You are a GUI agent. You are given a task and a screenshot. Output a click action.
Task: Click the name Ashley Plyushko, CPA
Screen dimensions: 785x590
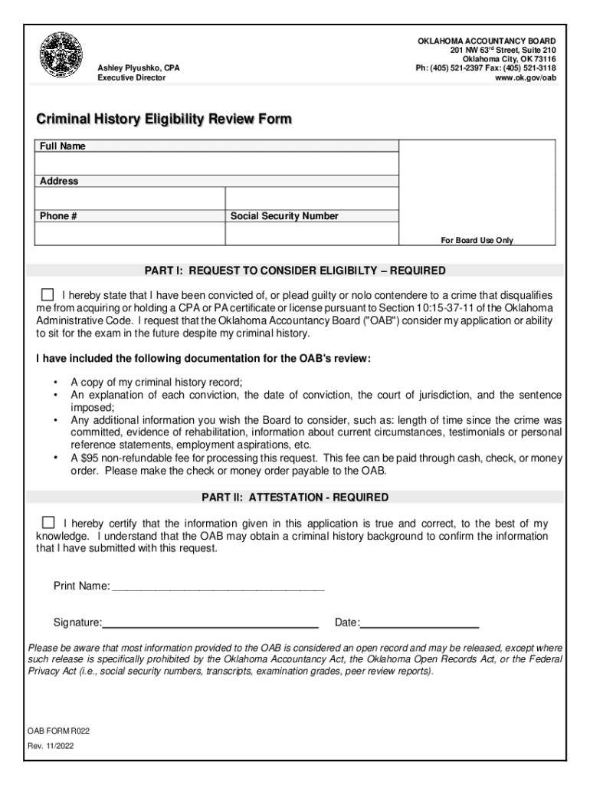coord(139,68)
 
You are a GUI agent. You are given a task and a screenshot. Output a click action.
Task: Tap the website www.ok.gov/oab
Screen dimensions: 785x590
coord(525,78)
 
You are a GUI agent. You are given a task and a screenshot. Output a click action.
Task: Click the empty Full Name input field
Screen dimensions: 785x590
coord(217,163)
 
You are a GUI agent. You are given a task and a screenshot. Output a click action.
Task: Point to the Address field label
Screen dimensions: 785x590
coord(59,181)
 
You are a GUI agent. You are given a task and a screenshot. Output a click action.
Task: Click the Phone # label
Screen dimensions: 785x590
coord(57,216)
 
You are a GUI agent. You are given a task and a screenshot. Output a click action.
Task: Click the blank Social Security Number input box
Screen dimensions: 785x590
coord(312,233)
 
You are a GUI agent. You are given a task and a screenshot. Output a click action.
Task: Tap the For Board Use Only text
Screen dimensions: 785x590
coord(477,240)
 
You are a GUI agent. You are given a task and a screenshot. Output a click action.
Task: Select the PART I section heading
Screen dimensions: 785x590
coord(295,271)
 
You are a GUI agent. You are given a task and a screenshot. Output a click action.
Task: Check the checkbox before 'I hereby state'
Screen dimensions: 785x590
coord(48,294)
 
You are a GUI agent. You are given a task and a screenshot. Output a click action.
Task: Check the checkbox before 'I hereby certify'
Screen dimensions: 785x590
coord(48,522)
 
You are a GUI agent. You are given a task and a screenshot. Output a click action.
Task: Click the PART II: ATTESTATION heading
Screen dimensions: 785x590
coord(295,498)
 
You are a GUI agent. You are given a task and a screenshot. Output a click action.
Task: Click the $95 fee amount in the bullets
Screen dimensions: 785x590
coord(79,458)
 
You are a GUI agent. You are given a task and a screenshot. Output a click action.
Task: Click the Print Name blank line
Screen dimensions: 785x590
coord(218,587)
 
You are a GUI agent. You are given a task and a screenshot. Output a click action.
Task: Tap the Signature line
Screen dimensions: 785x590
coord(211,622)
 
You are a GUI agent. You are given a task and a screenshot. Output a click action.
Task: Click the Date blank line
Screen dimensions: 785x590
coord(419,622)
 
